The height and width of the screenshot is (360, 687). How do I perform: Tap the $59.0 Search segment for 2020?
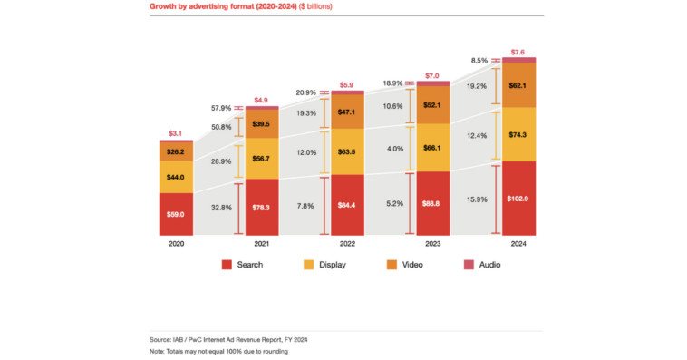point(177,214)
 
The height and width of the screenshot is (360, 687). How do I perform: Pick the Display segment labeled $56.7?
point(262,157)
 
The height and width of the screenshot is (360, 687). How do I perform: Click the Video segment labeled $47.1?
point(347,112)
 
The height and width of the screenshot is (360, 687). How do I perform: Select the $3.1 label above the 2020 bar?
point(177,134)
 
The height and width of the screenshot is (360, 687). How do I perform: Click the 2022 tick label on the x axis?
point(347,244)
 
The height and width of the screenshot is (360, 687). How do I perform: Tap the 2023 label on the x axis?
point(432,244)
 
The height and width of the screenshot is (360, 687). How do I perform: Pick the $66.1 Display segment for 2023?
point(432,147)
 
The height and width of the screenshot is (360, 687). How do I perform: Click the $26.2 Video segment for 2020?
point(177,151)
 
